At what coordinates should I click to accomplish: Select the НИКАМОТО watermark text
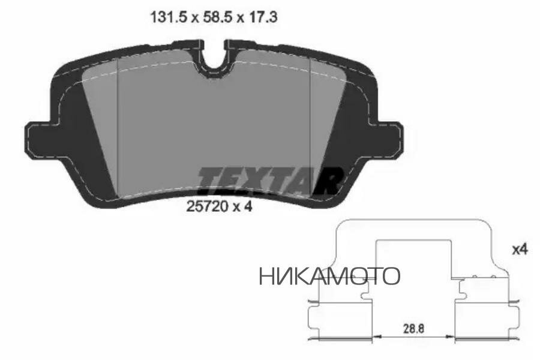click(x=329, y=276)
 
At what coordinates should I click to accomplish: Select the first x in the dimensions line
click(x=190, y=19)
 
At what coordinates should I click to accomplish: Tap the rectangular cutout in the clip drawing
click(x=413, y=258)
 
